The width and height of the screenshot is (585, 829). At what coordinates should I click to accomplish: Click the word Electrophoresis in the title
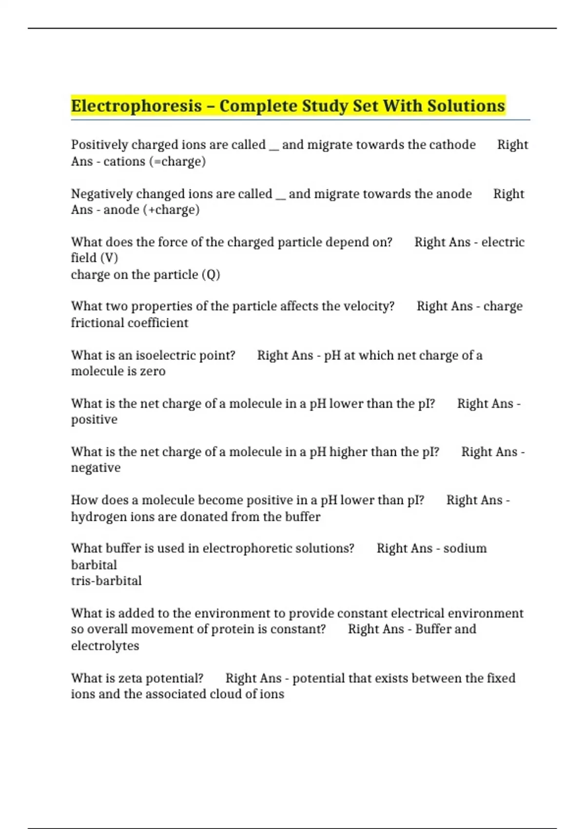coord(136,106)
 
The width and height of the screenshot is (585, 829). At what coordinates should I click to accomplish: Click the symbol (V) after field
coord(109,258)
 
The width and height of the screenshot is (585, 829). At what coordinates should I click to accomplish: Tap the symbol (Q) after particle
coord(211,275)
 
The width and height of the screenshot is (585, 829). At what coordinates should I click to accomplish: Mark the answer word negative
coord(96,468)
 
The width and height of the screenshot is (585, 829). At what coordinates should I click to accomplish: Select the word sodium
coord(465,549)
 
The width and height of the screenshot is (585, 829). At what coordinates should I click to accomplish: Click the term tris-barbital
coord(106,581)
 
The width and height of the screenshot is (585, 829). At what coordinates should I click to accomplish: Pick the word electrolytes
coord(105,646)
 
